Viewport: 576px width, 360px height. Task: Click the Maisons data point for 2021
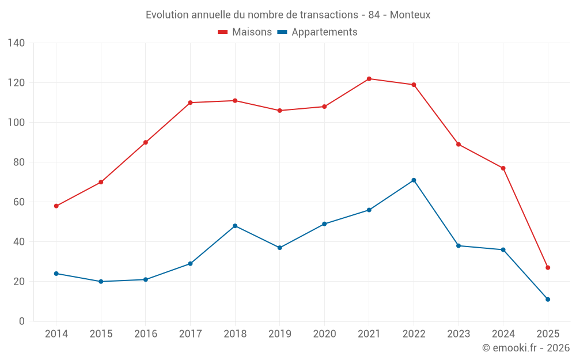point(369,79)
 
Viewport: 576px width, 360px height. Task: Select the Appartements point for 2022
point(414,180)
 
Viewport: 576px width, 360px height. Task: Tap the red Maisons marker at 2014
point(56,206)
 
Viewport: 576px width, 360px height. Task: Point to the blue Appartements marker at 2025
point(548,300)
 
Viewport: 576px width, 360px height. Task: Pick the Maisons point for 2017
point(190,103)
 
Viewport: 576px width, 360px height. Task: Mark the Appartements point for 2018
point(235,226)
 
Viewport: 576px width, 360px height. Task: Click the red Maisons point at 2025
point(548,268)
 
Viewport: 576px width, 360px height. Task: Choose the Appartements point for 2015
point(101,282)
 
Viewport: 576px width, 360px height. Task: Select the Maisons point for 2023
point(458,145)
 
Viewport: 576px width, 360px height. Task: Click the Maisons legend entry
point(245,32)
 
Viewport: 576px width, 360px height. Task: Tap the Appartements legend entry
point(317,32)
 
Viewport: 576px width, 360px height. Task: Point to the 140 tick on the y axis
point(16,43)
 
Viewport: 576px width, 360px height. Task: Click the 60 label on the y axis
point(18,202)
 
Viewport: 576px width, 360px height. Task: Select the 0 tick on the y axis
point(21,321)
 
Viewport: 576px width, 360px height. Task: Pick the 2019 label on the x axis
point(280,334)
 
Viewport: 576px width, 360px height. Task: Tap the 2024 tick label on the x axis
point(503,334)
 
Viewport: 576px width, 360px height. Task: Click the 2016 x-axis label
point(146,334)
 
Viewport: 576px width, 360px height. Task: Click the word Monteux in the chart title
point(410,15)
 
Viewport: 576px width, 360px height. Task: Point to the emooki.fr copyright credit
point(526,348)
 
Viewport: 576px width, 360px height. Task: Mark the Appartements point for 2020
point(324,224)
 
